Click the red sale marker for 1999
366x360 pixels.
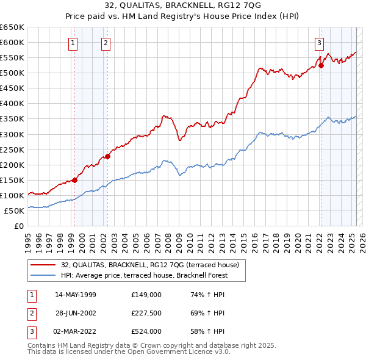tap(75, 180)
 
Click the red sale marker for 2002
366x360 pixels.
tap(107, 156)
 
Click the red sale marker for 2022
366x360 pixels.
tap(321, 65)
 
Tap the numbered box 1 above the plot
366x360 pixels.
tap(73, 43)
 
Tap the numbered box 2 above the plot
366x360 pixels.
tap(106, 43)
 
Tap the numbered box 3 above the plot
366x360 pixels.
tap(319, 43)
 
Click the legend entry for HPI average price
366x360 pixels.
tap(144, 275)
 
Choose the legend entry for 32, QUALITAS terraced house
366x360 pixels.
tap(153, 264)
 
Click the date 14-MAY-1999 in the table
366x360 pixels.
tap(76, 295)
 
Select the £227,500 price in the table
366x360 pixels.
tap(146, 313)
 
